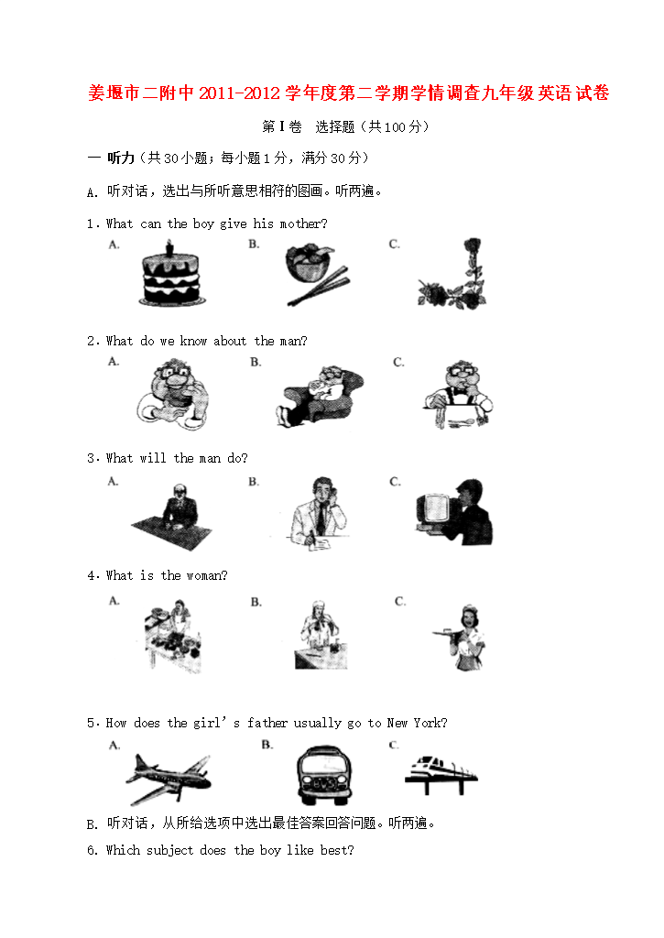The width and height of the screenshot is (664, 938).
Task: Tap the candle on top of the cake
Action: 169,247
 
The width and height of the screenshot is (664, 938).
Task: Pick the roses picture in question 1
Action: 452,274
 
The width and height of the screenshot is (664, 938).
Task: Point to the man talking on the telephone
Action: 318,513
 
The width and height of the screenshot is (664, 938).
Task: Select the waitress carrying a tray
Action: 461,638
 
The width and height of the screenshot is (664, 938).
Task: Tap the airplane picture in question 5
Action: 169,779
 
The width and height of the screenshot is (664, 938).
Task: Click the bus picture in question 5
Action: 324,775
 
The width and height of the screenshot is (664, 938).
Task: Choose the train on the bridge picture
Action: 441,774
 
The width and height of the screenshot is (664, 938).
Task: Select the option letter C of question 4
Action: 400,601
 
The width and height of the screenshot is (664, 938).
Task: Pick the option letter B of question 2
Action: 256,362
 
